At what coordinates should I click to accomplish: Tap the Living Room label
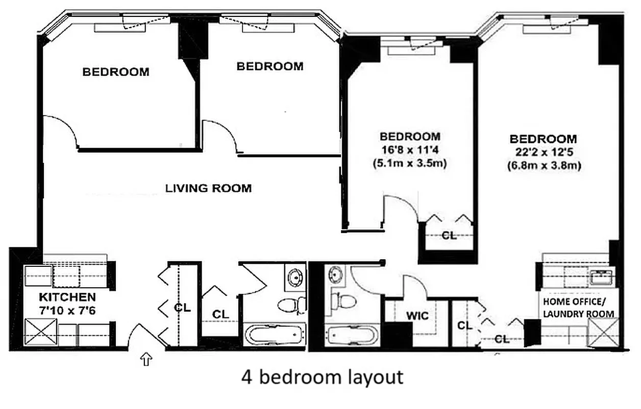tap(208, 188)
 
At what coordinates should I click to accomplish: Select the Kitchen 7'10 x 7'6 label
tap(67, 302)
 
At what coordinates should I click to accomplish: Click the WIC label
tap(417, 316)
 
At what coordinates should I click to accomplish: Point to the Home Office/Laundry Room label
tap(578, 307)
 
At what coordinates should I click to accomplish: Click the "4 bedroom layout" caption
tap(322, 377)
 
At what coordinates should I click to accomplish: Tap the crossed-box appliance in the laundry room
tap(604, 333)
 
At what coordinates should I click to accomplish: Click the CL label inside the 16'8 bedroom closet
tap(449, 236)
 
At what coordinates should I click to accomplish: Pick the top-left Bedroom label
tap(116, 72)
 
